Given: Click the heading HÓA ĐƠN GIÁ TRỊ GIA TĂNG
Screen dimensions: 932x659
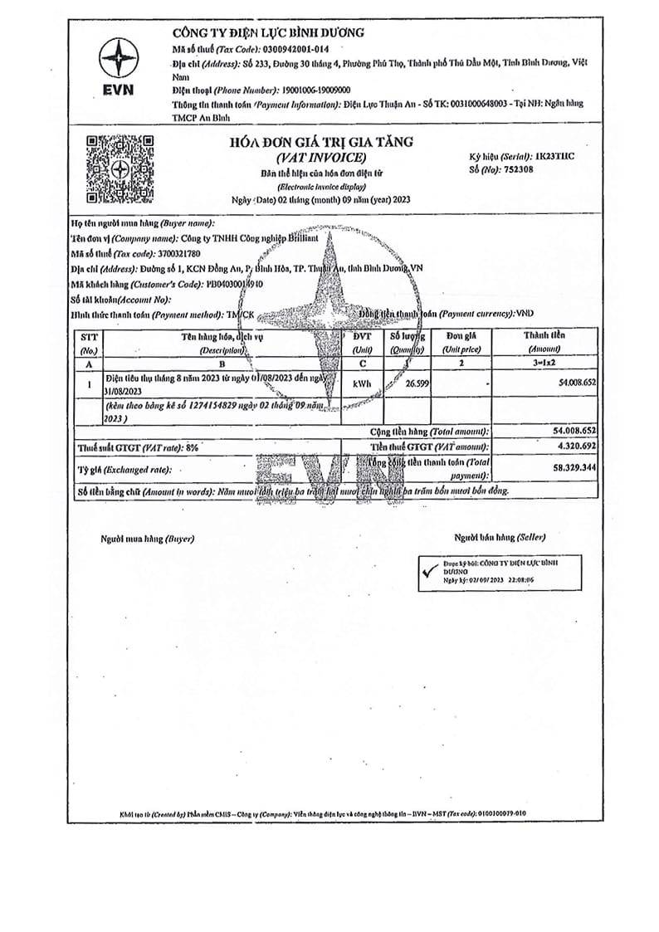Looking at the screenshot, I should tap(320, 142).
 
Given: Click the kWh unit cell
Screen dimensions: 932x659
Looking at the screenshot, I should tap(362, 383).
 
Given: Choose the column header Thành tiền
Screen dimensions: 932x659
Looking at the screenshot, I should tap(544, 335).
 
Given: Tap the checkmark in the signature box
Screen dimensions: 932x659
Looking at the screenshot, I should tap(429, 571).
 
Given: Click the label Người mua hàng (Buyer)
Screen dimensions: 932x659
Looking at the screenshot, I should tap(147, 538).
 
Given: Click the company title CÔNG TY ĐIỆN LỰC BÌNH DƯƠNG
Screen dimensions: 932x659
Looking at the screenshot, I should tap(268, 32).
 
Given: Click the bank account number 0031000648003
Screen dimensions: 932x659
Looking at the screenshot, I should tap(466, 104).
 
